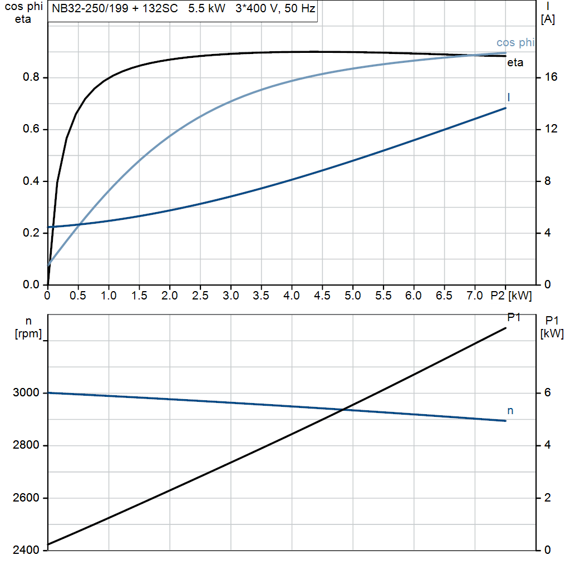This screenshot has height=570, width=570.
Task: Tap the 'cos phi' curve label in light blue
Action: pos(515,43)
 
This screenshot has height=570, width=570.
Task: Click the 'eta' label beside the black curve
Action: pos(515,63)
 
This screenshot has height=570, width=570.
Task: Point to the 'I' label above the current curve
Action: pos(509,97)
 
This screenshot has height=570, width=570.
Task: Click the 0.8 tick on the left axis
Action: pos(31,77)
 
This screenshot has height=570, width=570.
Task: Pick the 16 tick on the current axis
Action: pos(551,77)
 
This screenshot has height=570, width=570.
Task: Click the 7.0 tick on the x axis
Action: pos(474,296)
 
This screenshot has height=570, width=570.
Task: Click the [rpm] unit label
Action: pos(29,333)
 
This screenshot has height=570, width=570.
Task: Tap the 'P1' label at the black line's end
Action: pos(514,317)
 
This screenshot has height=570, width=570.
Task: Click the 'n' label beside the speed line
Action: pos(510,411)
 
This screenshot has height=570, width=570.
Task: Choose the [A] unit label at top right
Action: pos(548,19)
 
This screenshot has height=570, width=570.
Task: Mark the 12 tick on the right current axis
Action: pos(551,129)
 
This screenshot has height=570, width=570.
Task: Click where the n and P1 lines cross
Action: pos(343,410)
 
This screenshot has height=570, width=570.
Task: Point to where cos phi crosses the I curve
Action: pos(80,224)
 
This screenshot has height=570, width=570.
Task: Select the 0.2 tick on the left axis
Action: pos(31,233)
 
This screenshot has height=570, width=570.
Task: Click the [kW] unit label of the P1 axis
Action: pos(552,333)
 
